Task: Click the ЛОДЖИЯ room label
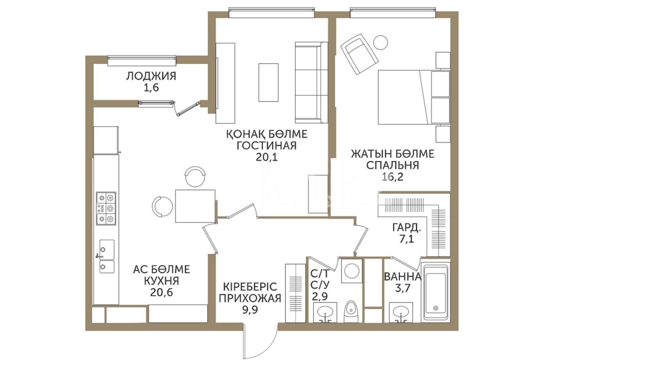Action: [151, 76]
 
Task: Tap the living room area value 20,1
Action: [267, 157]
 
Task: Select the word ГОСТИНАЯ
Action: [267, 145]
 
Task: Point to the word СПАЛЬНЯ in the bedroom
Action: [392, 165]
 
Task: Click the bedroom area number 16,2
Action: [392, 177]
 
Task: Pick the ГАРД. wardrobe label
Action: [407, 227]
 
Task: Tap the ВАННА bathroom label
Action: [403, 276]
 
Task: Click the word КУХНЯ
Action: [161, 281]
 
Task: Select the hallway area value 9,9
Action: [250, 310]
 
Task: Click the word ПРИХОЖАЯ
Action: [250, 298]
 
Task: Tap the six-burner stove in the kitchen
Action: [106, 208]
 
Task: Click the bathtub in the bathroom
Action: [435, 291]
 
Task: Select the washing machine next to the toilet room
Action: [351, 271]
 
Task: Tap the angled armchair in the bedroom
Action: [360, 54]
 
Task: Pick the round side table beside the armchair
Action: [380, 43]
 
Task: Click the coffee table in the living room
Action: [268, 82]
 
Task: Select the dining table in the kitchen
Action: [195, 206]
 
